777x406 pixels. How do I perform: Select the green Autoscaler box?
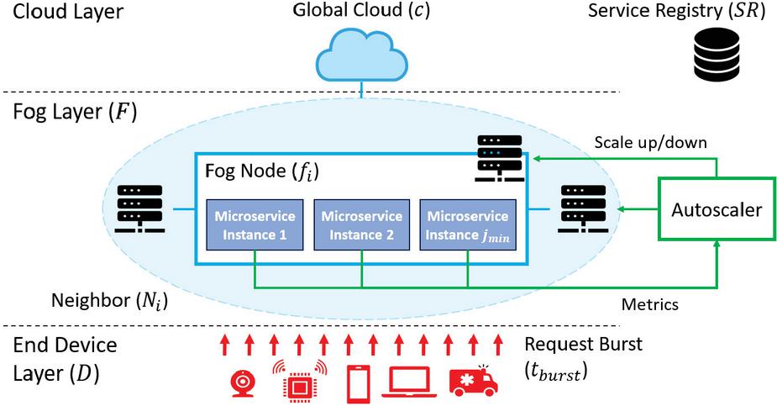[x=716, y=209]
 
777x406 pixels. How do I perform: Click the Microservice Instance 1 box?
[x=249, y=225]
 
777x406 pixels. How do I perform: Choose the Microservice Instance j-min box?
[x=467, y=225]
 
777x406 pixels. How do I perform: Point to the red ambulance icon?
[x=474, y=382]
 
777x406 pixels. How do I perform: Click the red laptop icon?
[x=410, y=382]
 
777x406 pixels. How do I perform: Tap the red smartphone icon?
[x=359, y=383]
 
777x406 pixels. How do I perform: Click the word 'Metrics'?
[x=648, y=303]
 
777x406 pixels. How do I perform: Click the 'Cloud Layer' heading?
[x=62, y=12]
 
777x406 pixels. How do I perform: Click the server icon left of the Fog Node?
[x=137, y=206]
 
